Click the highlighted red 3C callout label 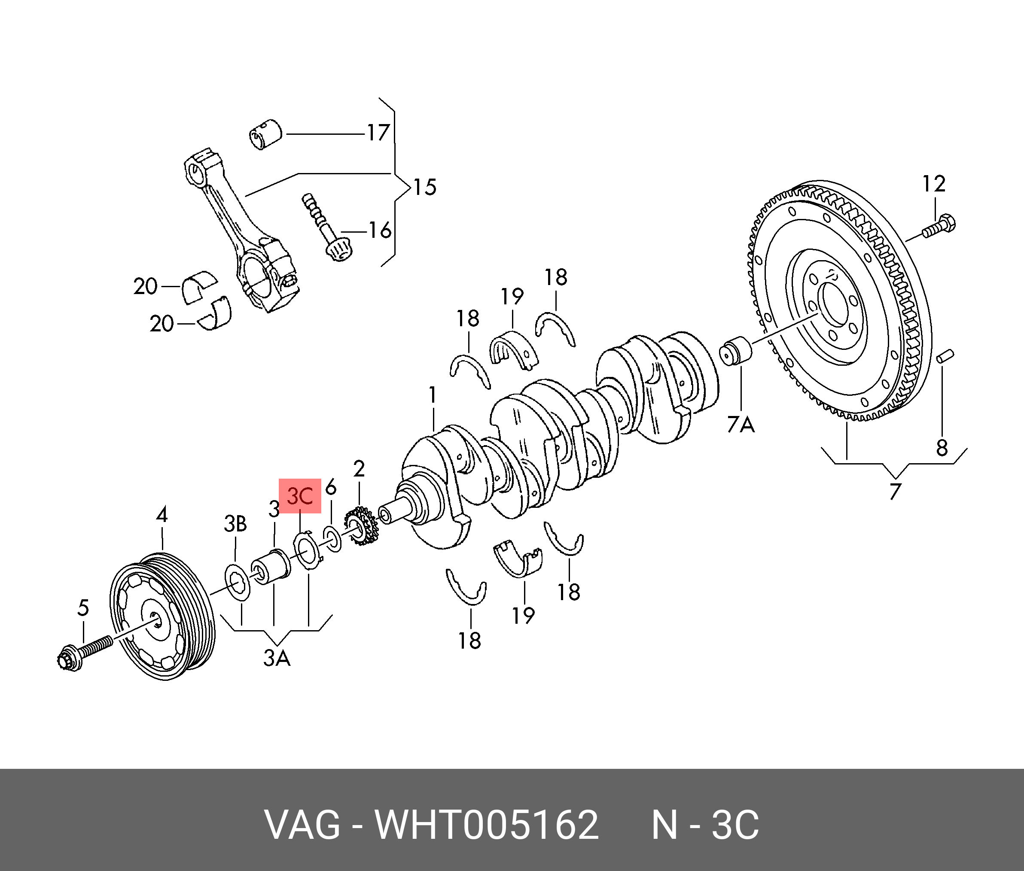[x=300, y=496]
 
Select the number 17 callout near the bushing [x=378, y=133]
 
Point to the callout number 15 [x=424, y=187]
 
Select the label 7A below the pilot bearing [x=741, y=424]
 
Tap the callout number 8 [x=942, y=448]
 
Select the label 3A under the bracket [x=277, y=658]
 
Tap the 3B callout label [x=235, y=523]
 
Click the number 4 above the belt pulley [x=162, y=515]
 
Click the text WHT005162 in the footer [x=487, y=824]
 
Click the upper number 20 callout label [x=145, y=286]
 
